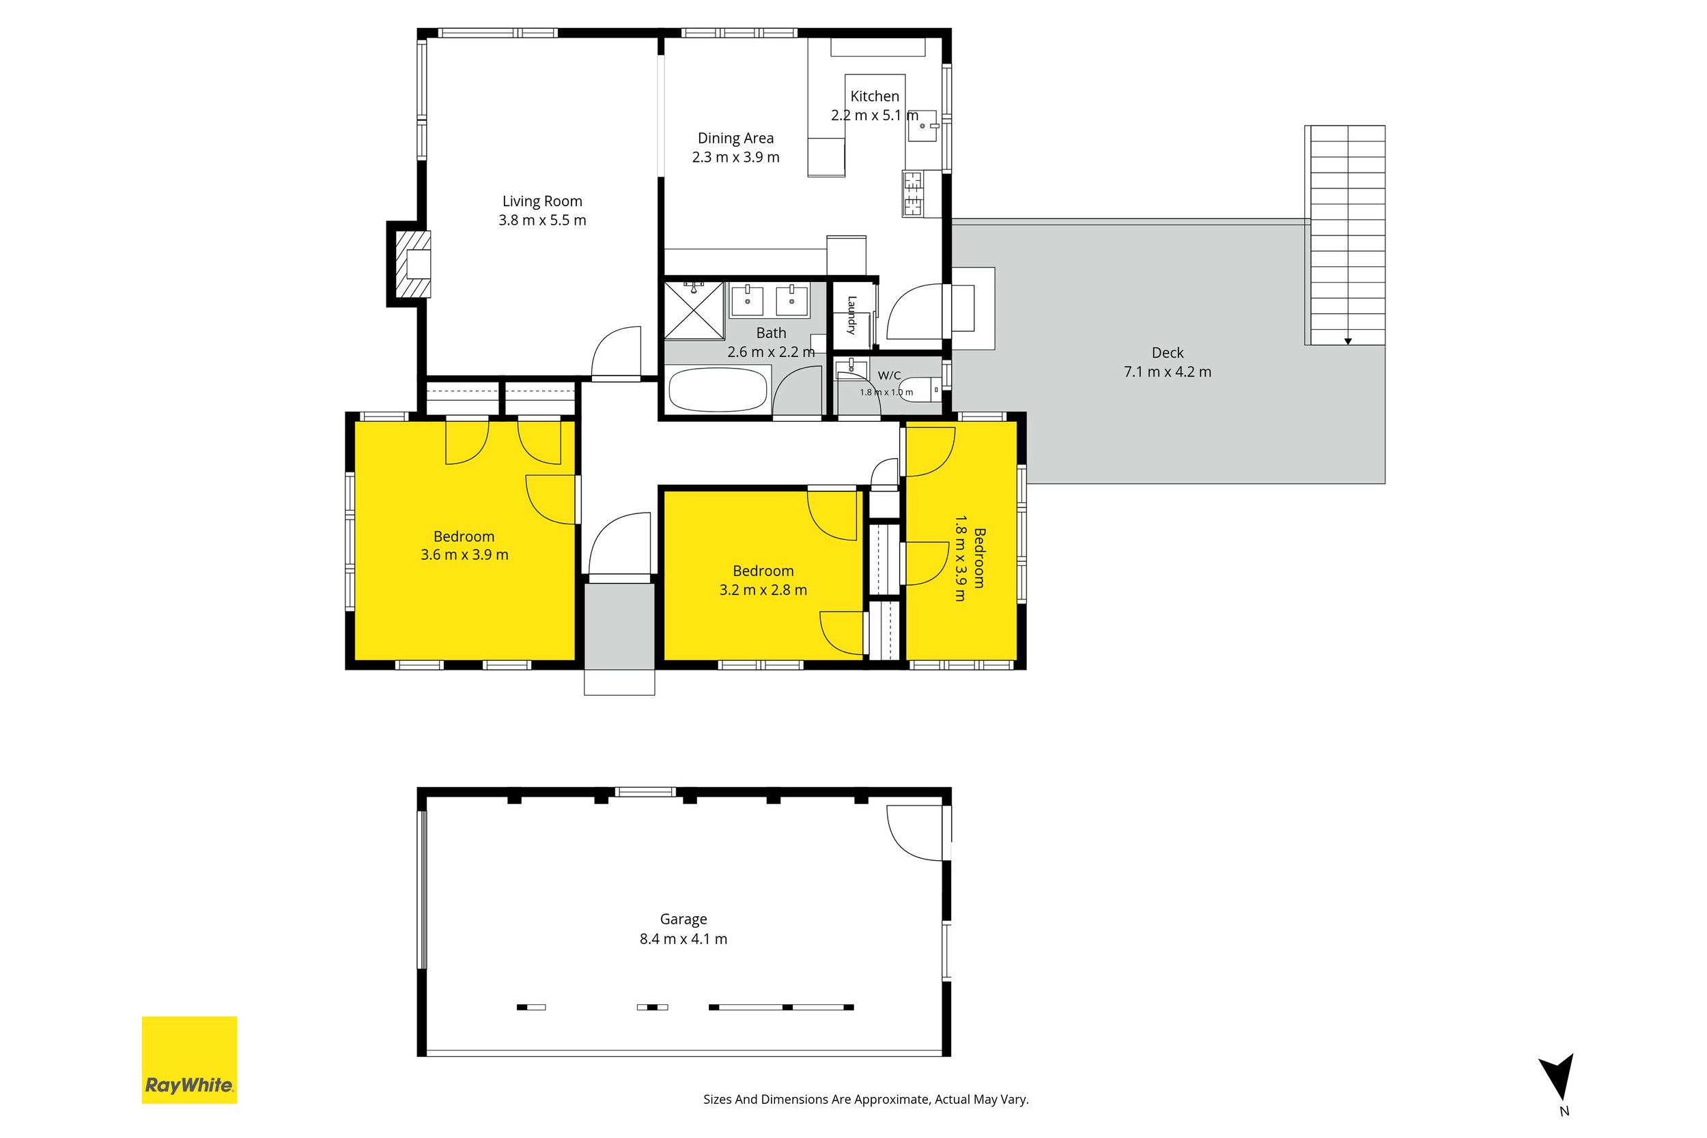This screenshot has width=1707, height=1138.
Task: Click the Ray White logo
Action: pos(189,1060)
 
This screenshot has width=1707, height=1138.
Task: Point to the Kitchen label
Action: pos(875,96)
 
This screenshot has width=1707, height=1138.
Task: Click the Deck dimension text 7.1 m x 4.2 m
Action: pos(1167,371)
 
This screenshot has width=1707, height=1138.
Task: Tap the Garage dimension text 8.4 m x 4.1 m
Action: pos(683,939)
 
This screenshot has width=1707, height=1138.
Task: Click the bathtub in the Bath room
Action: pos(718,390)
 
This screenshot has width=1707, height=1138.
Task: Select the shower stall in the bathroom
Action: pos(694,311)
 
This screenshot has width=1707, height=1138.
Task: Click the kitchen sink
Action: pos(922,126)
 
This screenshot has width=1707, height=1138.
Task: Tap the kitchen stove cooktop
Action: pos(912,193)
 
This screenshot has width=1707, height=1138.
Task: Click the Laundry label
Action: pos(852,315)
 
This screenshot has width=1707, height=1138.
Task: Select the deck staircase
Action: pos(1345,235)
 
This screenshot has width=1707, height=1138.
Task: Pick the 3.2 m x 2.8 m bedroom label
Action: pos(763,581)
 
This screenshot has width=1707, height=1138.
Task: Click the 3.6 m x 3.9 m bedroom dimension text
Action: pos(464,554)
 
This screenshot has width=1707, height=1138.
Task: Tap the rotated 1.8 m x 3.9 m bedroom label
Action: pos(970,558)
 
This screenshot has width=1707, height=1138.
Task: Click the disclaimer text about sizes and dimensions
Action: pos(866,1099)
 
